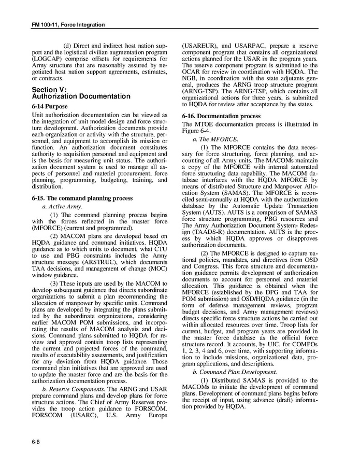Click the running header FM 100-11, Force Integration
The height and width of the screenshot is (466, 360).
(65, 24)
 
